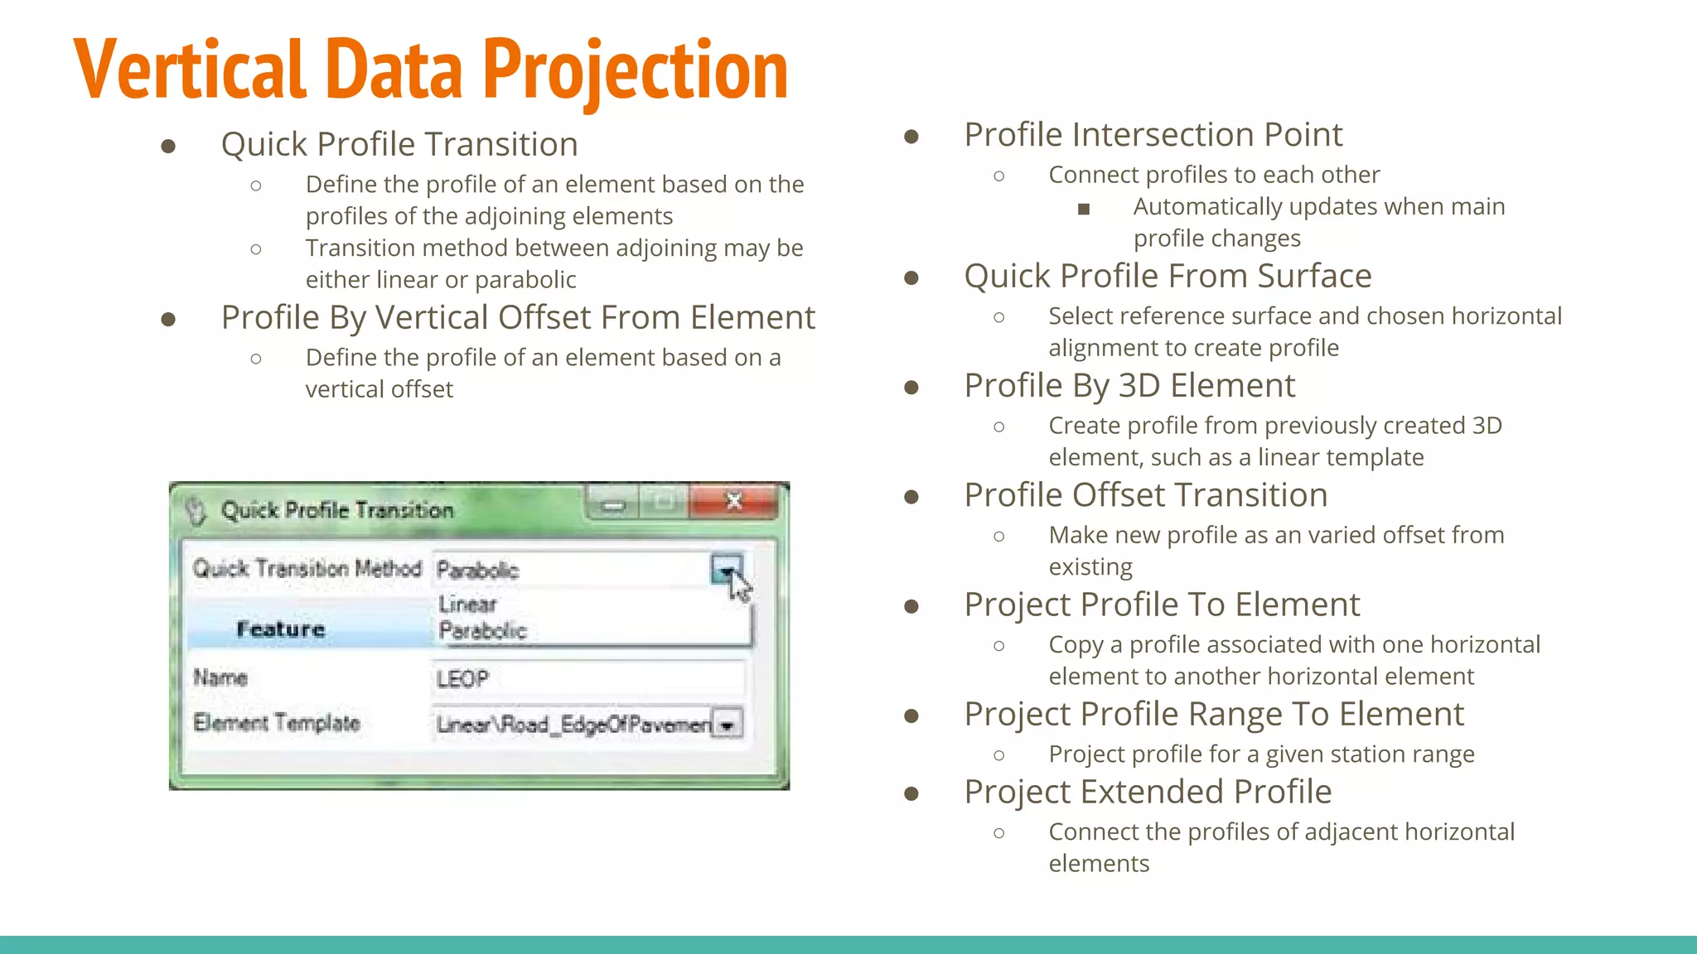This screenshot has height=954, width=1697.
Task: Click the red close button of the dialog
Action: pyautogui.click(x=733, y=501)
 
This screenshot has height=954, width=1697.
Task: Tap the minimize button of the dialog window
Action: pyautogui.click(x=613, y=503)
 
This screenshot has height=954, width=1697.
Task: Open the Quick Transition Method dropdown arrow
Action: pyautogui.click(x=726, y=570)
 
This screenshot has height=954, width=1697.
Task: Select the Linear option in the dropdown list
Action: pyautogui.click(x=467, y=605)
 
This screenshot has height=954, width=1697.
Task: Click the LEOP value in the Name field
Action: pyautogui.click(x=462, y=680)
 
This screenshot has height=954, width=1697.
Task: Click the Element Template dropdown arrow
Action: pyautogui.click(x=728, y=725)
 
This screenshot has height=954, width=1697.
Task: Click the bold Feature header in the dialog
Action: pyautogui.click(x=280, y=629)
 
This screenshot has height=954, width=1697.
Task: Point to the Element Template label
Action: pyautogui.click(x=276, y=723)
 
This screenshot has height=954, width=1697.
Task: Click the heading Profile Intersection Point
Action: pyautogui.click(x=1153, y=135)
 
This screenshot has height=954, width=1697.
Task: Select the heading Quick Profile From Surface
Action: pyautogui.click(x=1168, y=276)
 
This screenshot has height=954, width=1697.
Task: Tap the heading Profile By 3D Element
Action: pyautogui.click(x=1129, y=386)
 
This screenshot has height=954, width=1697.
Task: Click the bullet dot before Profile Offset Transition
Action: pyautogui.click(x=911, y=497)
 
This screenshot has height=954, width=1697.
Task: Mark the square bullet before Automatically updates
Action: pyautogui.click(x=1083, y=209)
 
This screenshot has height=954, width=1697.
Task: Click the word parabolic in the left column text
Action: pyautogui.click(x=525, y=280)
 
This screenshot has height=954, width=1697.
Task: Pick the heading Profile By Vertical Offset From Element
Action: pyautogui.click(x=518, y=318)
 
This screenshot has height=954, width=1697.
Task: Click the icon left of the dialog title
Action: pyautogui.click(x=196, y=510)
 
